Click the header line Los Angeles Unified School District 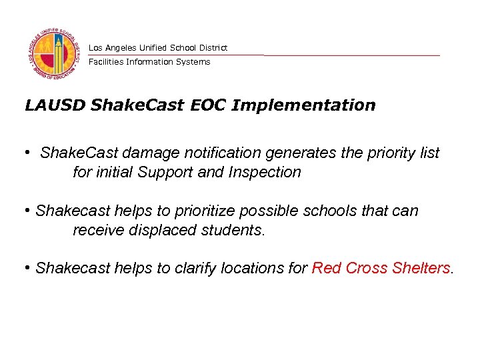tap(158, 48)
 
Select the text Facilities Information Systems tap(149, 62)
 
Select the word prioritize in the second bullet tap(205, 211)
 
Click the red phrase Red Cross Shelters tap(381, 269)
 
